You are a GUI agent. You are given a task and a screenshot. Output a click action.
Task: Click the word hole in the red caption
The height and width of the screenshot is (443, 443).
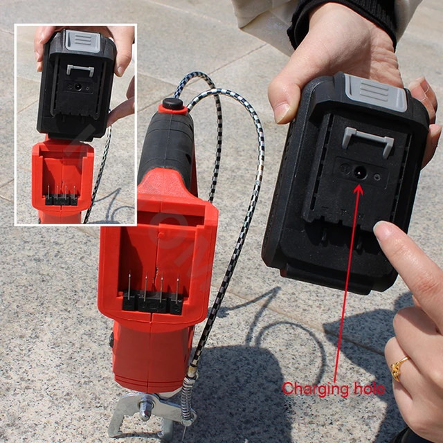368,388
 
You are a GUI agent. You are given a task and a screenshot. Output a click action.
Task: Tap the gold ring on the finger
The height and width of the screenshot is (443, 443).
399,368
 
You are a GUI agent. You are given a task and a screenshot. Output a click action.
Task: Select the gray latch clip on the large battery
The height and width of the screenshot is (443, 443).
368,141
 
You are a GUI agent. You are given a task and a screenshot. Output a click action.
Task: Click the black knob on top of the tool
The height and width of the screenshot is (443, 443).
172,105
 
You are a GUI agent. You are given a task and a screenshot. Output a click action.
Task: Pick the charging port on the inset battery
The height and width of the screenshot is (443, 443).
78,88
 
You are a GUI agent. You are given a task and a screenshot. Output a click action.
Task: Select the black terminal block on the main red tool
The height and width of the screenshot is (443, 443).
153,302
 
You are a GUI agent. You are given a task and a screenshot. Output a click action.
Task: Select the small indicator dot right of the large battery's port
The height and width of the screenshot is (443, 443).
377,177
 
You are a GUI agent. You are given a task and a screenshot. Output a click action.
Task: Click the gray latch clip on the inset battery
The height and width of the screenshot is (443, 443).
80,70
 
